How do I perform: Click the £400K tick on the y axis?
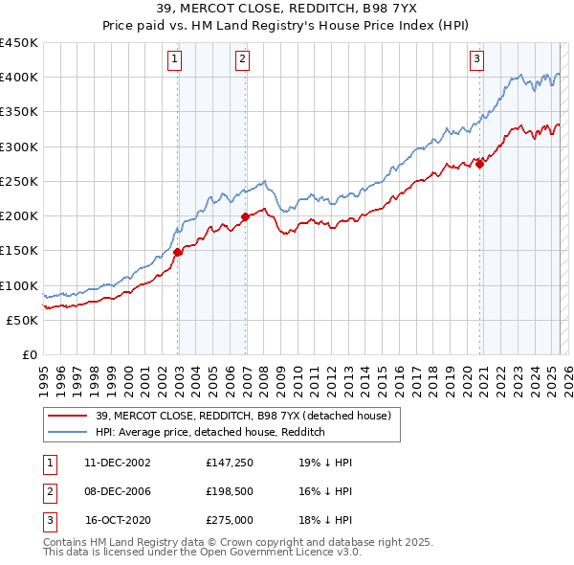[19, 78]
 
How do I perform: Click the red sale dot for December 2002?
[178, 253]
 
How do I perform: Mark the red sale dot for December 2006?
[246, 217]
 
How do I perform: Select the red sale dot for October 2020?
[479, 164]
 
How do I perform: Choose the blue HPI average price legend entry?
[210, 432]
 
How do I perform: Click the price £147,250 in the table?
[228, 462]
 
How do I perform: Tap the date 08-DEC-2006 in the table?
[118, 492]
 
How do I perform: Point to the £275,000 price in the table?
[228, 522]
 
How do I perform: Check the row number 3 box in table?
[48, 522]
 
